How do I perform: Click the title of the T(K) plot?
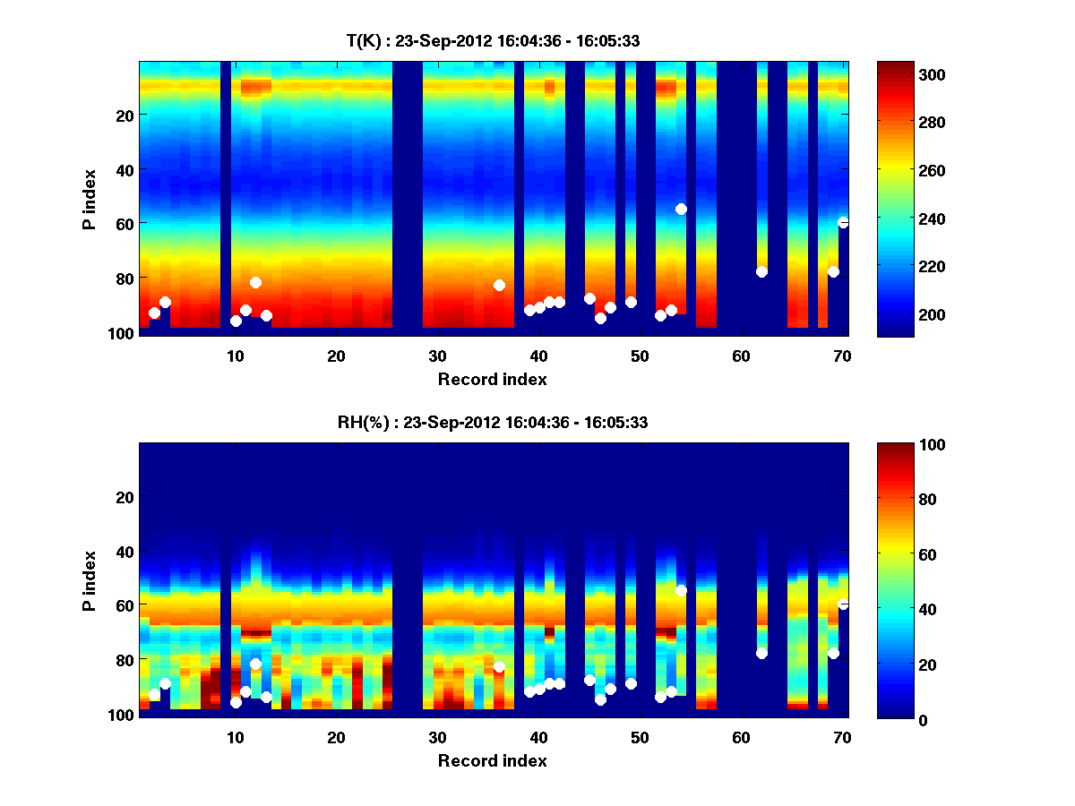493,40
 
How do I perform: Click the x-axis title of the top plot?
493,379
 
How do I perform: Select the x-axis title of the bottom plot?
493,760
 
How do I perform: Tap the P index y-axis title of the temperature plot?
90,198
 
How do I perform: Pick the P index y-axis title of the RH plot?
90,579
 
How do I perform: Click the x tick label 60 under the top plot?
741,356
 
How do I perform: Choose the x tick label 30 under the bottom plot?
437,737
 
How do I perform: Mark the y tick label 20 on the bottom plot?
125,497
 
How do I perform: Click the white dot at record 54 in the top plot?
681,209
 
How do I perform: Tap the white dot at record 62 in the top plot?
761,271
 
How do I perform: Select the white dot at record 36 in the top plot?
499,285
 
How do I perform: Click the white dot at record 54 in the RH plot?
681,590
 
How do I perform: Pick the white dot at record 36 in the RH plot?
499,666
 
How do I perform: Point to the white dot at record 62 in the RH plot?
761,653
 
